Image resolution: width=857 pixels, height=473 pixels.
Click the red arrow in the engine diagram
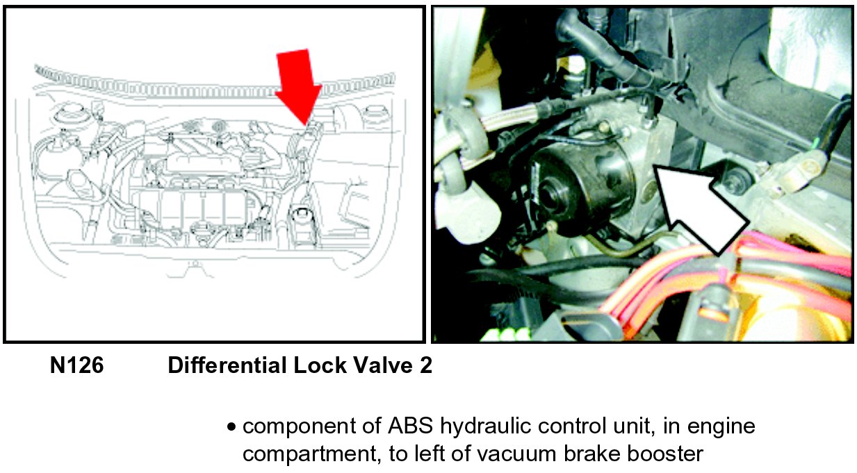pos(299,87)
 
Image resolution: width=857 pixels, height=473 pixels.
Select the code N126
pos(77,365)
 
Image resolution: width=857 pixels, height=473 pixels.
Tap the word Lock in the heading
pos(320,365)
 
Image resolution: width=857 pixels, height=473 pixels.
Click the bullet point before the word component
pos(231,426)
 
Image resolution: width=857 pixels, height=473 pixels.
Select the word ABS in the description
pos(411,426)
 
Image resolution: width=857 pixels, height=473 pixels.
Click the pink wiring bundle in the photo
pos(727,267)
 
